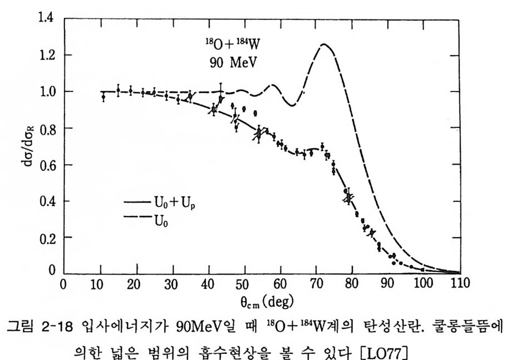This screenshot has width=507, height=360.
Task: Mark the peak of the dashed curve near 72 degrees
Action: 322,45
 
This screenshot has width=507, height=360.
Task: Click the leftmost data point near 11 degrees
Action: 103,97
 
